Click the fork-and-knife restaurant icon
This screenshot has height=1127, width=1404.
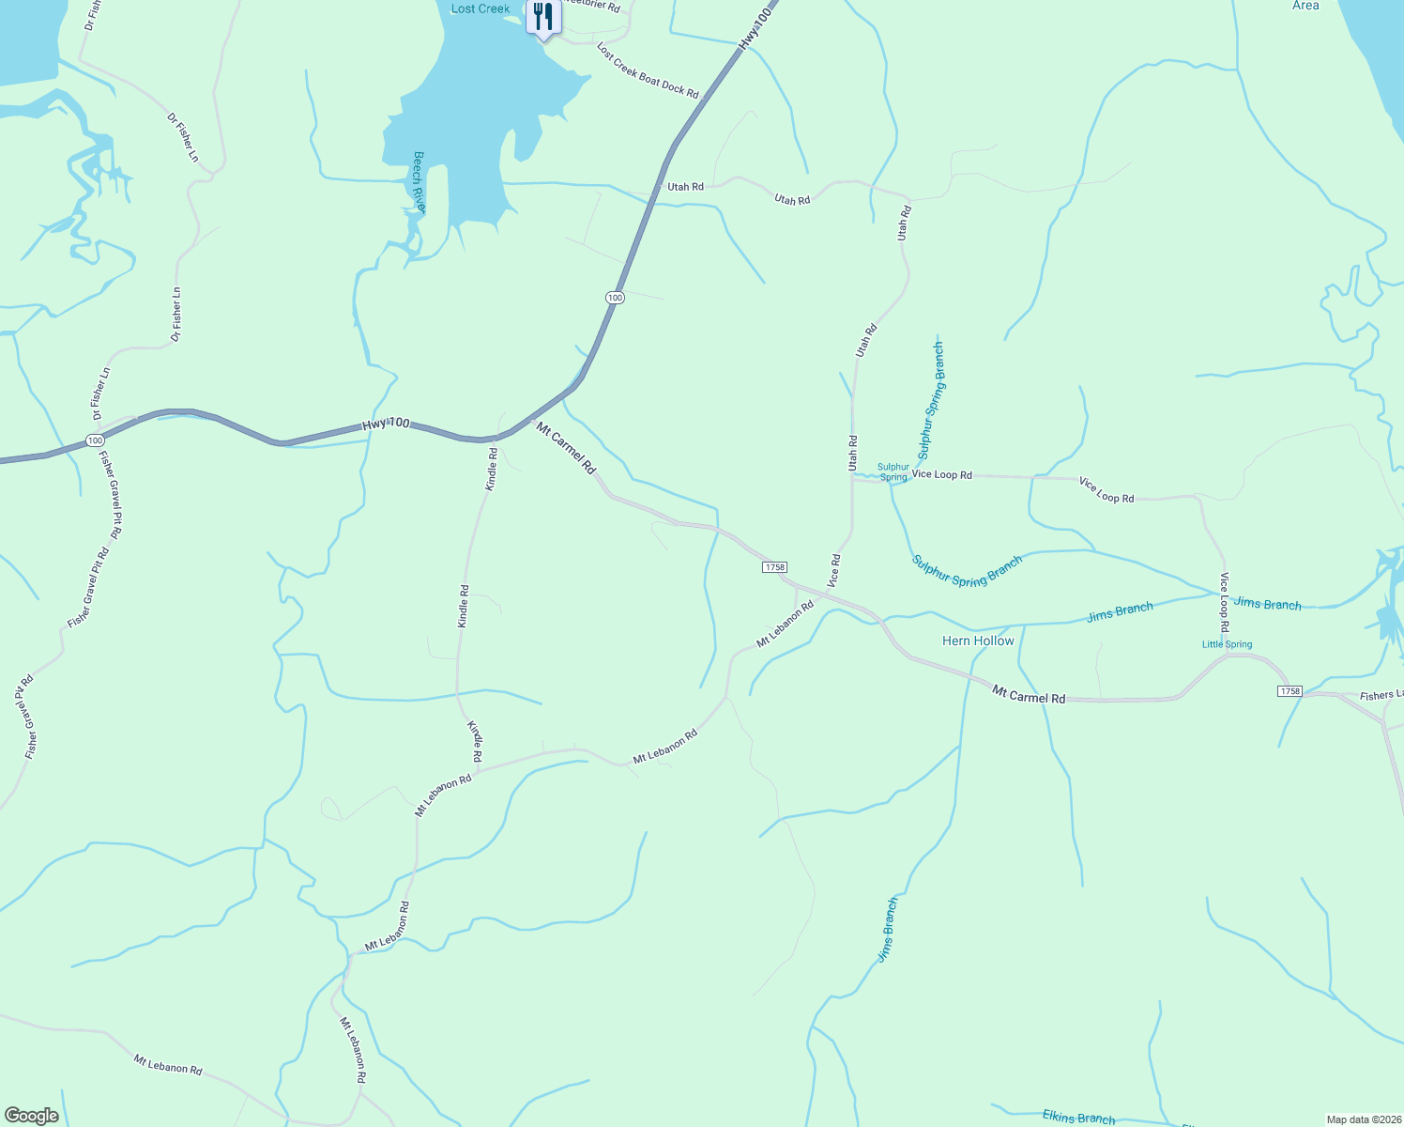pos(542,17)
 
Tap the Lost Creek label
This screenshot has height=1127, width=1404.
pos(481,8)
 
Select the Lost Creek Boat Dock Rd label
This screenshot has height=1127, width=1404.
pos(648,70)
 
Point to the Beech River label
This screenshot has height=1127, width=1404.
pos(420,181)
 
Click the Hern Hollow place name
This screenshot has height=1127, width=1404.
pos(978,641)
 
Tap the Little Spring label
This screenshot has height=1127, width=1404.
pos(1227,644)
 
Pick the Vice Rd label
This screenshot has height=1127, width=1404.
pos(833,571)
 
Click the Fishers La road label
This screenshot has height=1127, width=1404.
pos(1381,696)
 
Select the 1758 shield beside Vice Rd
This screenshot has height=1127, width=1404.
pos(774,567)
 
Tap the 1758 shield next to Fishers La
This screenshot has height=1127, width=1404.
pos(1290,691)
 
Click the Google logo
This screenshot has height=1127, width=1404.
pos(31,1116)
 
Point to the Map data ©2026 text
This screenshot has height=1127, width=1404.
pos(1363,1119)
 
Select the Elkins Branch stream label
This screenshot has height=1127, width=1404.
pos(1078,1117)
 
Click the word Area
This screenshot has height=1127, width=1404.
pos(1305,6)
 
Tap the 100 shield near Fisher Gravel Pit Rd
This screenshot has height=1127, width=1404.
pos(94,440)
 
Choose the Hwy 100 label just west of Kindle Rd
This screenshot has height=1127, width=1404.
pos(386,425)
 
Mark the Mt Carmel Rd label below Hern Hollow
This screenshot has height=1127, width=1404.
pos(1029,695)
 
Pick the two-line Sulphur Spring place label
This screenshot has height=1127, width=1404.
pos(893,471)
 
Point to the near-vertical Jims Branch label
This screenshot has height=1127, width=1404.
pos(888,930)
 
